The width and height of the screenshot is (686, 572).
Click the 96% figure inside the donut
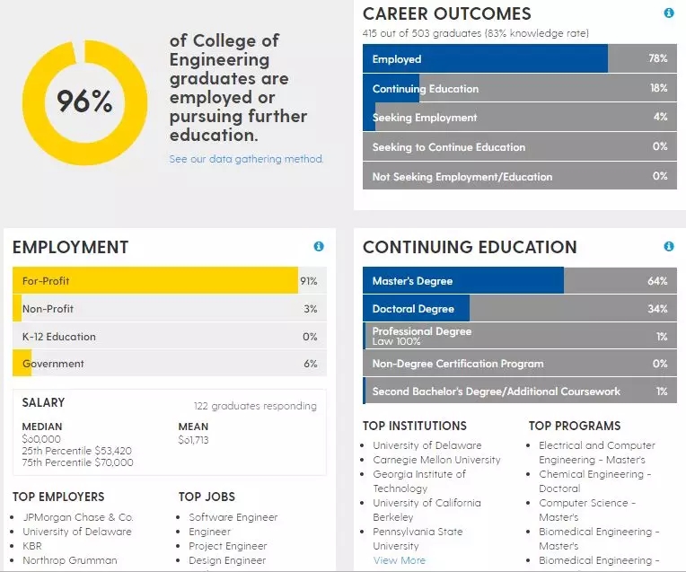tap(85, 101)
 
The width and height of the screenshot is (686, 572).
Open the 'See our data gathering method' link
tap(246, 159)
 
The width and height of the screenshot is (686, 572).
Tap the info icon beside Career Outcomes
tap(668, 13)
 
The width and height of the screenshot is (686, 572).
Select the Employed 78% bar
tap(485, 59)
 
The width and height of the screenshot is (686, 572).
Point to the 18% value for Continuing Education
tap(658, 88)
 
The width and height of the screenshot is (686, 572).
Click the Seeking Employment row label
tap(425, 118)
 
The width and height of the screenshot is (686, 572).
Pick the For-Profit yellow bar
tap(154, 281)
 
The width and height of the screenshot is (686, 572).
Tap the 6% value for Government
tap(311, 364)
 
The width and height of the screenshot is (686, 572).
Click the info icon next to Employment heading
tap(319, 246)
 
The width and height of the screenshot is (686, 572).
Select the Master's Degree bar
tap(462, 281)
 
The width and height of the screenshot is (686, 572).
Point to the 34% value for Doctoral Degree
tap(657, 309)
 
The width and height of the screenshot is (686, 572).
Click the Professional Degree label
tap(421, 331)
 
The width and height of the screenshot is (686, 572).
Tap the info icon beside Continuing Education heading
tap(668, 246)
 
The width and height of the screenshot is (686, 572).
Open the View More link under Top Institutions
tap(400, 560)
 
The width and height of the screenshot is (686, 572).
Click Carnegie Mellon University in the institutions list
tap(436, 460)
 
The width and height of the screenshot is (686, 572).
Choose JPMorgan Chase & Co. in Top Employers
tap(77, 517)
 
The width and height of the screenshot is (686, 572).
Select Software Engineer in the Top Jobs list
tap(233, 517)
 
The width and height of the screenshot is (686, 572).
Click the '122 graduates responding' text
tap(255, 406)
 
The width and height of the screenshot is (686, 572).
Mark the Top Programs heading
tap(575, 426)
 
